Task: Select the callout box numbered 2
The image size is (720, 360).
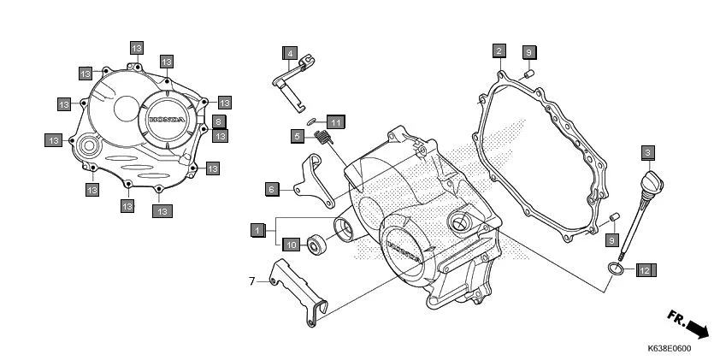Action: [498, 51]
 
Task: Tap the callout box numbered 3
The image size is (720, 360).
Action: [648, 153]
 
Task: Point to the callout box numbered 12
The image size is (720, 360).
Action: [645, 270]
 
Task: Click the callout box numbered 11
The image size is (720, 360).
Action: [335, 122]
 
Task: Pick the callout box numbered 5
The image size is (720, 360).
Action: [297, 136]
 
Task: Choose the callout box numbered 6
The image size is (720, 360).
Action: [271, 189]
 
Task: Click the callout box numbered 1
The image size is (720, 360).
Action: [256, 229]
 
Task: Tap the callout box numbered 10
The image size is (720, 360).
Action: [291, 245]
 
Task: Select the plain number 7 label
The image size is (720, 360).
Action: [252, 280]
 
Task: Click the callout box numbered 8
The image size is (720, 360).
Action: [219, 121]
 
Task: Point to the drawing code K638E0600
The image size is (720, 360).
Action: [669, 349]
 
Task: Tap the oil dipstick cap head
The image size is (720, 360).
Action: [652, 181]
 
